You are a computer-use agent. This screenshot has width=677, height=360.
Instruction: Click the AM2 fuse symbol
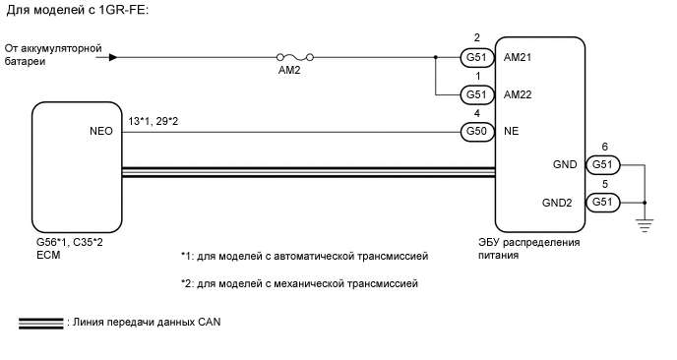pyautogui.click(x=293, y=58)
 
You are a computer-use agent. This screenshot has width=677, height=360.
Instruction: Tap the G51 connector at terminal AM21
pyautogui.click(x=476, y=58)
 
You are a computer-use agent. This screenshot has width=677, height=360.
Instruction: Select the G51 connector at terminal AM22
pyautogui.click(x=476, y=95)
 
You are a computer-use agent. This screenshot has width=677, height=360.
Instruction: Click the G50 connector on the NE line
pyautogui.click(x=476, y=131)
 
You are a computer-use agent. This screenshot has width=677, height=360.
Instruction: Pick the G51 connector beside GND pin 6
pyautogui.click(x=601, y=166)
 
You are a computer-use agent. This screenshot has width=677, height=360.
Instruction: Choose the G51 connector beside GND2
pyautogui.click(x=601, y=203)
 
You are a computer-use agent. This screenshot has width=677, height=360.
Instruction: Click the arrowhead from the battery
pyautogui.click(x=114, y=58)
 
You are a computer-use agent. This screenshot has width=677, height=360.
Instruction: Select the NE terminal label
pyautogui.click(x=509, y=131)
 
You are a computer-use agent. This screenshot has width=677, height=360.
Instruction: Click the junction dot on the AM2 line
pyautogui.click(x=436, y=58)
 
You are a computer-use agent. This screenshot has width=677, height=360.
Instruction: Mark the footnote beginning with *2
pyautogui.click(x=300, y=284)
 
